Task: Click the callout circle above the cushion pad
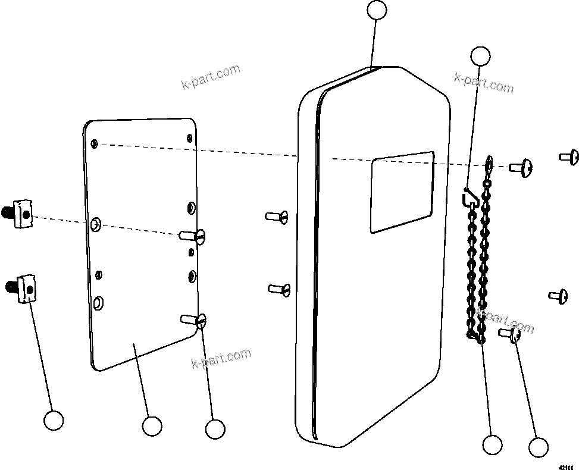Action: click(x=377, y=10)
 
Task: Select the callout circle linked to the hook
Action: click(x=480, y=56)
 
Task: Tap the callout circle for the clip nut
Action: click(x=54, y=421)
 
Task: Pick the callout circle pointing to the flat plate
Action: click(x=152, y=426)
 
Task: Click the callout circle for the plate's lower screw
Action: click(x=214, y=428)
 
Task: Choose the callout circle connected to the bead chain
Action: click(x=492, y=444)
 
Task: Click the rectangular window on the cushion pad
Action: click(x=402, y=191)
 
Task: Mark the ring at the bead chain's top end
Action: click(x=489, y=162)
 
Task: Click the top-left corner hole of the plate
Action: click(x=95, y=143)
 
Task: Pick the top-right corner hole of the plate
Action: click(x=189, y=138)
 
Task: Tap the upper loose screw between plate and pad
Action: click(x=277, y=216)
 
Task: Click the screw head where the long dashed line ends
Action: click(x=522, y=168)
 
